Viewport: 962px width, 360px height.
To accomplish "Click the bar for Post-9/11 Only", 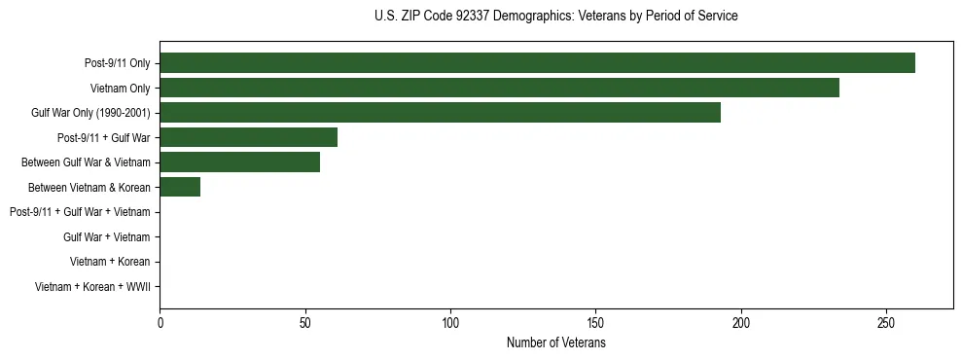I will [x=537, y=63].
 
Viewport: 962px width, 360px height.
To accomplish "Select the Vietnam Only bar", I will [x=499, y=88].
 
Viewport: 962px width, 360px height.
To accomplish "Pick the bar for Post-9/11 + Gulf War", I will [x=248, y=137].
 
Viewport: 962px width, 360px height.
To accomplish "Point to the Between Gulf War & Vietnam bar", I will [x=239, y=162].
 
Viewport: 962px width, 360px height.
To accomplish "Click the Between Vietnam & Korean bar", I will [x=180, y=187].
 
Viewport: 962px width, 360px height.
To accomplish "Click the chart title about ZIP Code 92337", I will [x=555, y=17].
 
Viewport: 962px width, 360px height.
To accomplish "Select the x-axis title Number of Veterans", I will [x=555, y=342].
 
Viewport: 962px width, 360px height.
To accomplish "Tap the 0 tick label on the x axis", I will [x=160, y=322].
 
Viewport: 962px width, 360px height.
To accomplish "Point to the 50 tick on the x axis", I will [x=304, y=322].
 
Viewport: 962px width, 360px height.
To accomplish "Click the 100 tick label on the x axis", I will [x=450, y=322].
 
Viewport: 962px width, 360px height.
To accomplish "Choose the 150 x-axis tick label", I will [x=595, y=322].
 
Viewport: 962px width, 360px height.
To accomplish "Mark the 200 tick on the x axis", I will [x=741, y=322].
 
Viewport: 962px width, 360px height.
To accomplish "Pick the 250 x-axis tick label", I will [x=886, y=322].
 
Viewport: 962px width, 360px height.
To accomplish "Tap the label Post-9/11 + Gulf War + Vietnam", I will [x=80, y=212].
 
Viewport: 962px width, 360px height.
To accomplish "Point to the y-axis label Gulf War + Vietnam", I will [x=106, y=237].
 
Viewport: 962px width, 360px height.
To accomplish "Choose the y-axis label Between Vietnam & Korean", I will [x=89, y=188].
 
